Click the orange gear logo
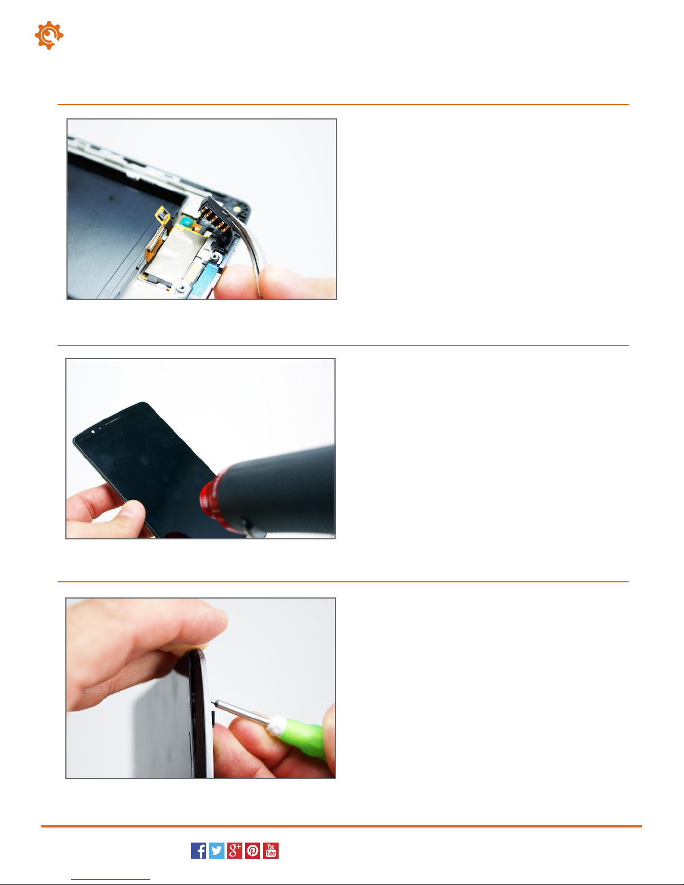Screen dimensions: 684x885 coord(49,35)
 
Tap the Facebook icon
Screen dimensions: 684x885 coord(198,851)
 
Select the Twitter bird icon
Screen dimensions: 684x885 coord(217,851)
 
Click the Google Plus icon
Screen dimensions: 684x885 coord(235,851)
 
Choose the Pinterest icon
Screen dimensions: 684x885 coord(252,851)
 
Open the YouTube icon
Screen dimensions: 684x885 coord(271,851)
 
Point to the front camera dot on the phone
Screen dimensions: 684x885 coord(93,431)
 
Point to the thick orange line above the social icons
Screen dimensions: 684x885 coord(342,826)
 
